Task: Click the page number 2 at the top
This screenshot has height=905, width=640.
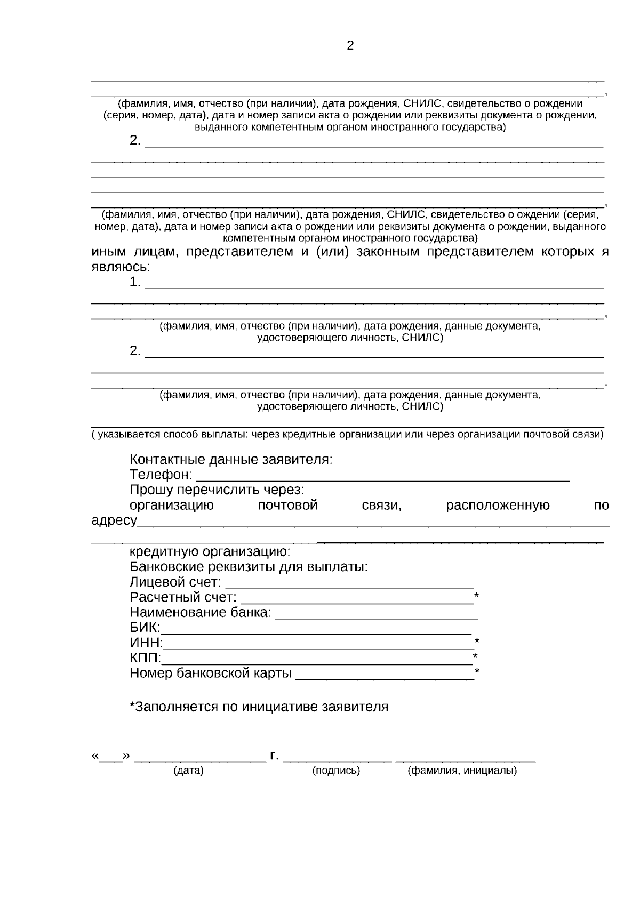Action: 350,46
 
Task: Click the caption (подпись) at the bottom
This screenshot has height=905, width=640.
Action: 336,771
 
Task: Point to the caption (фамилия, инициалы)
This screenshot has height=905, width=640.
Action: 462,771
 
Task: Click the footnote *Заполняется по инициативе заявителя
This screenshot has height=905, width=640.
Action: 259,707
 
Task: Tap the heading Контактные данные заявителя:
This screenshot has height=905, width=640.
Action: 231,460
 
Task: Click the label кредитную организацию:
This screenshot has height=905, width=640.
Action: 210,551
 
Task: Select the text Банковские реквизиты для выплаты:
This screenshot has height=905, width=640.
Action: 249,566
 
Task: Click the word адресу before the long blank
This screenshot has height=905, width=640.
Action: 114,520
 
